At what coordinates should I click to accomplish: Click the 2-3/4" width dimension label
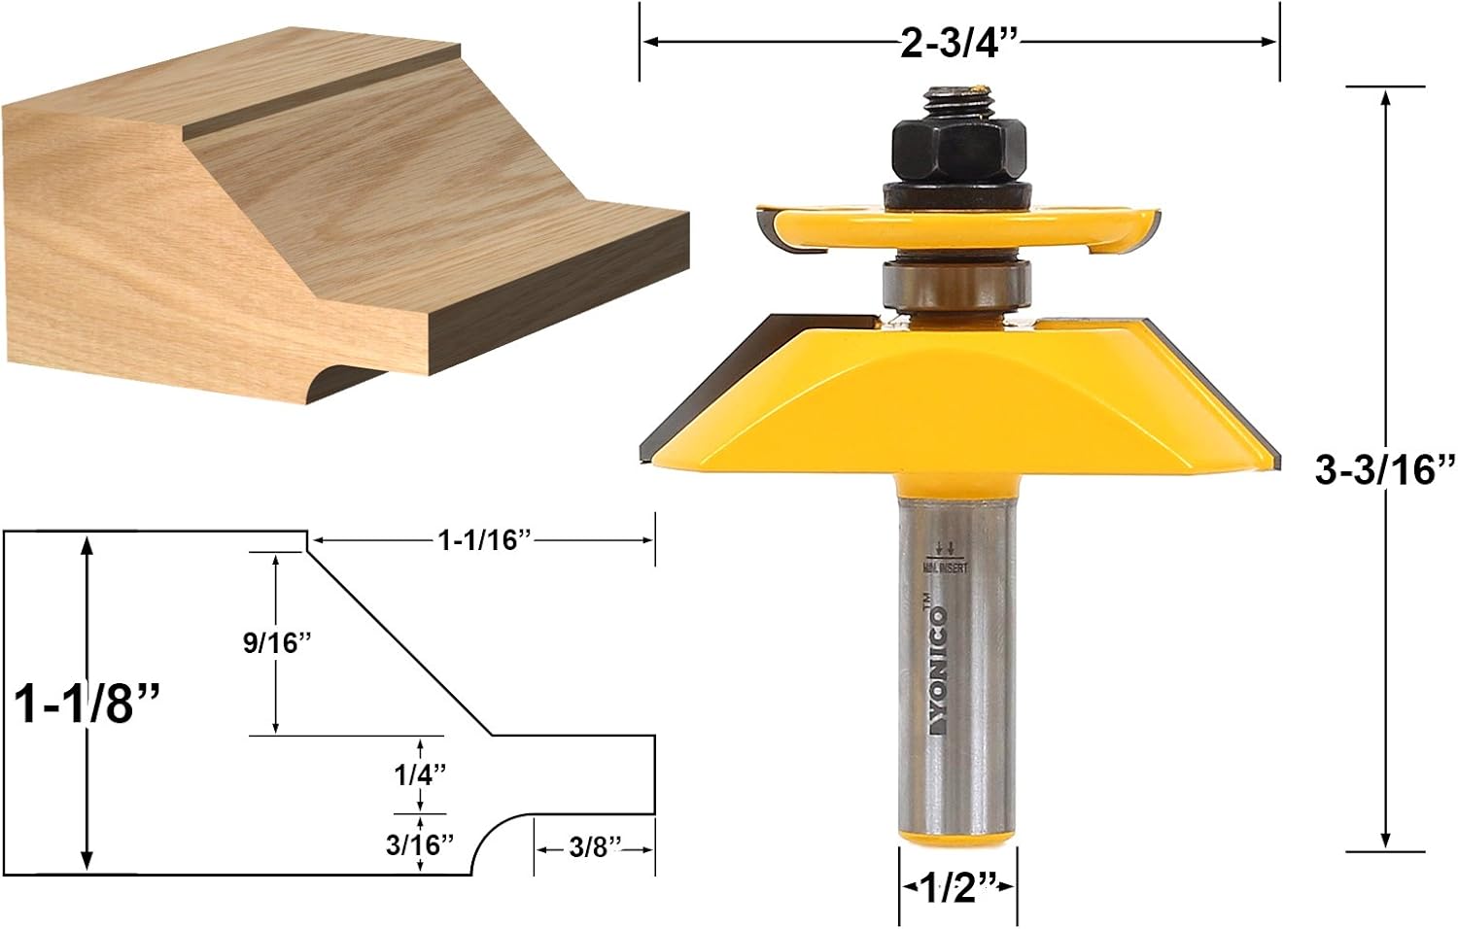coord(950,44)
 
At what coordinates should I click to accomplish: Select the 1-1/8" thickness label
coord(87,704)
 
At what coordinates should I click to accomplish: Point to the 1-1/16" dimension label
coord(482,541)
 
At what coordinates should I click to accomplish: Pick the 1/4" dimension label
coord(420,774)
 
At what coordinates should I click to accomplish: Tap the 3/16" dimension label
coord(420,843)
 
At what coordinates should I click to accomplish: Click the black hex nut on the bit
coord(956,150)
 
